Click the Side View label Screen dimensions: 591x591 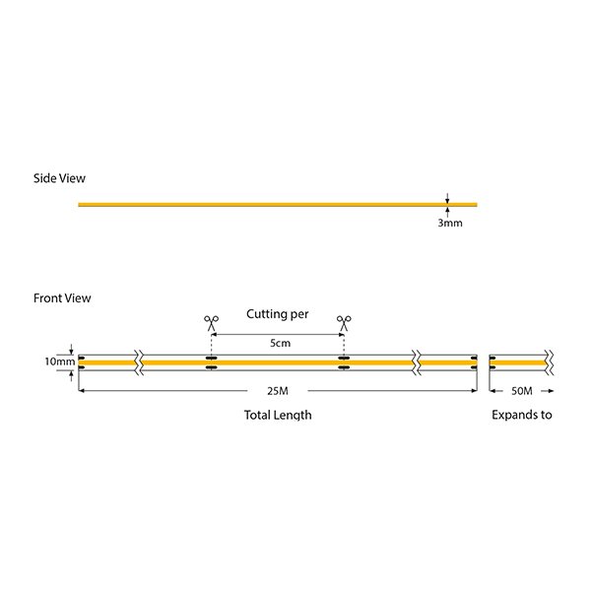[x=59, y=178]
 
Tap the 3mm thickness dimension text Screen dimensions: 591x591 [x=449, y=224]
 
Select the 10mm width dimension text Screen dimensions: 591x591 [x=58, y=361]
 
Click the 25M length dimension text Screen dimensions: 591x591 [x=278, y=393]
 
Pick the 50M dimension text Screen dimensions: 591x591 [x=522, y=393]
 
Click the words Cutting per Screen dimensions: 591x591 [x=278, y=314]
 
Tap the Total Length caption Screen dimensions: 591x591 [x=278, y=415]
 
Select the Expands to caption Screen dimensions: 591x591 [x=522, y=415]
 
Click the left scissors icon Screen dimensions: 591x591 [x=211, y=321]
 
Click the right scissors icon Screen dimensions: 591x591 [x=344, y=321]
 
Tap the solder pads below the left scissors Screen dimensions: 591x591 [x=211, y=362]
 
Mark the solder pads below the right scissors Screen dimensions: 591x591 [x=344, y=362]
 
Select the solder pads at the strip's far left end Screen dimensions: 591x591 [x=82, y=362]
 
